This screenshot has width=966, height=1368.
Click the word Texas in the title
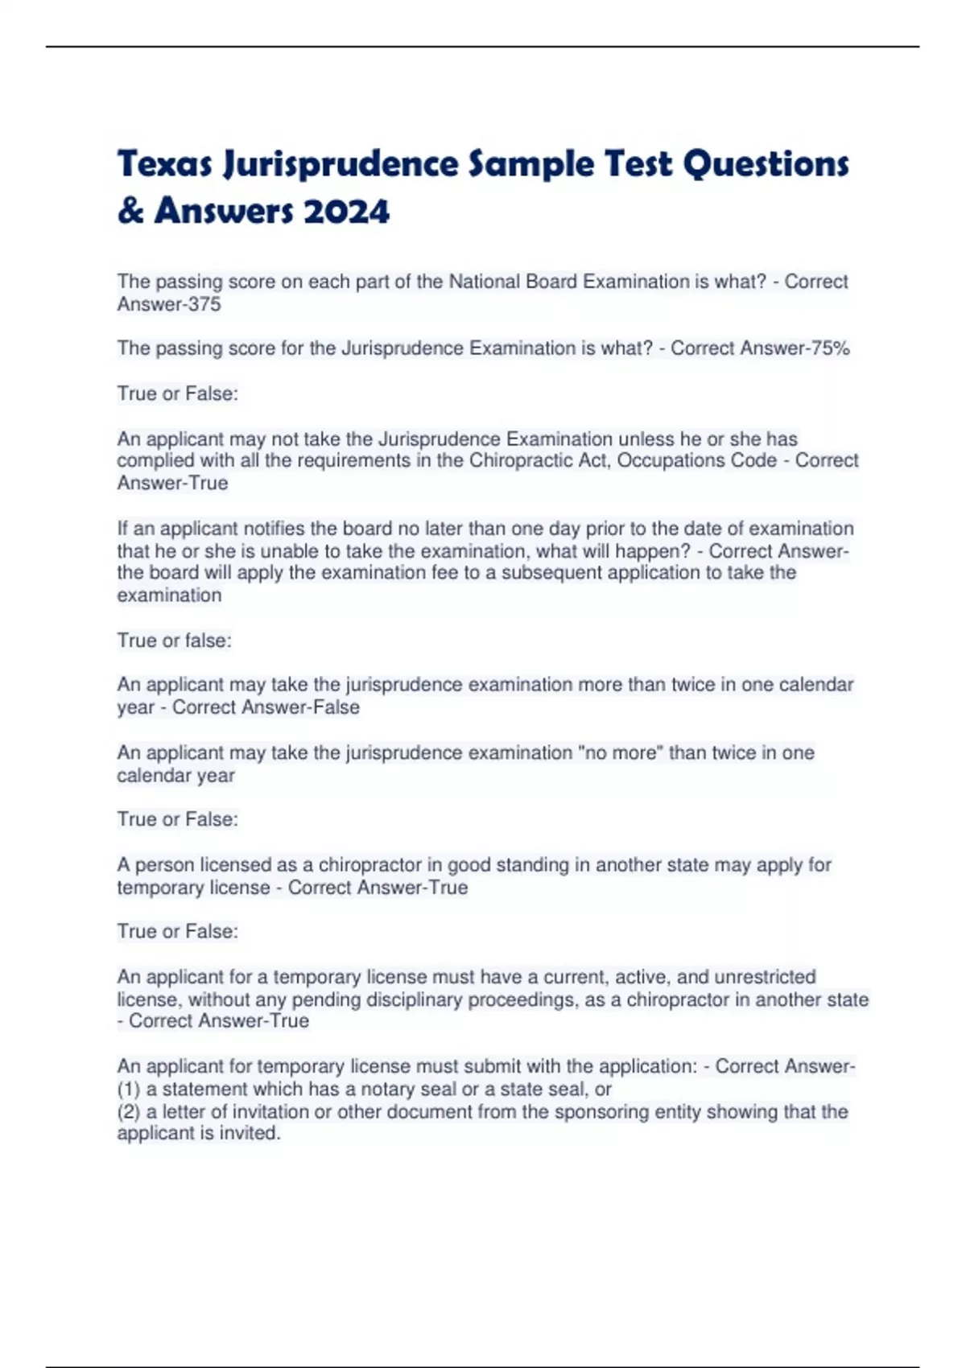click(x=165, y=164)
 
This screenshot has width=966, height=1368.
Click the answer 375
click(x=204, y=304)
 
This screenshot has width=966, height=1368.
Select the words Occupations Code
click(x=697, y=461)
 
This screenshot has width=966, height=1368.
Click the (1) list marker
click(x=129, y=1090)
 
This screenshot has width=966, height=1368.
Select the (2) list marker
click(x=129, y=1112)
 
